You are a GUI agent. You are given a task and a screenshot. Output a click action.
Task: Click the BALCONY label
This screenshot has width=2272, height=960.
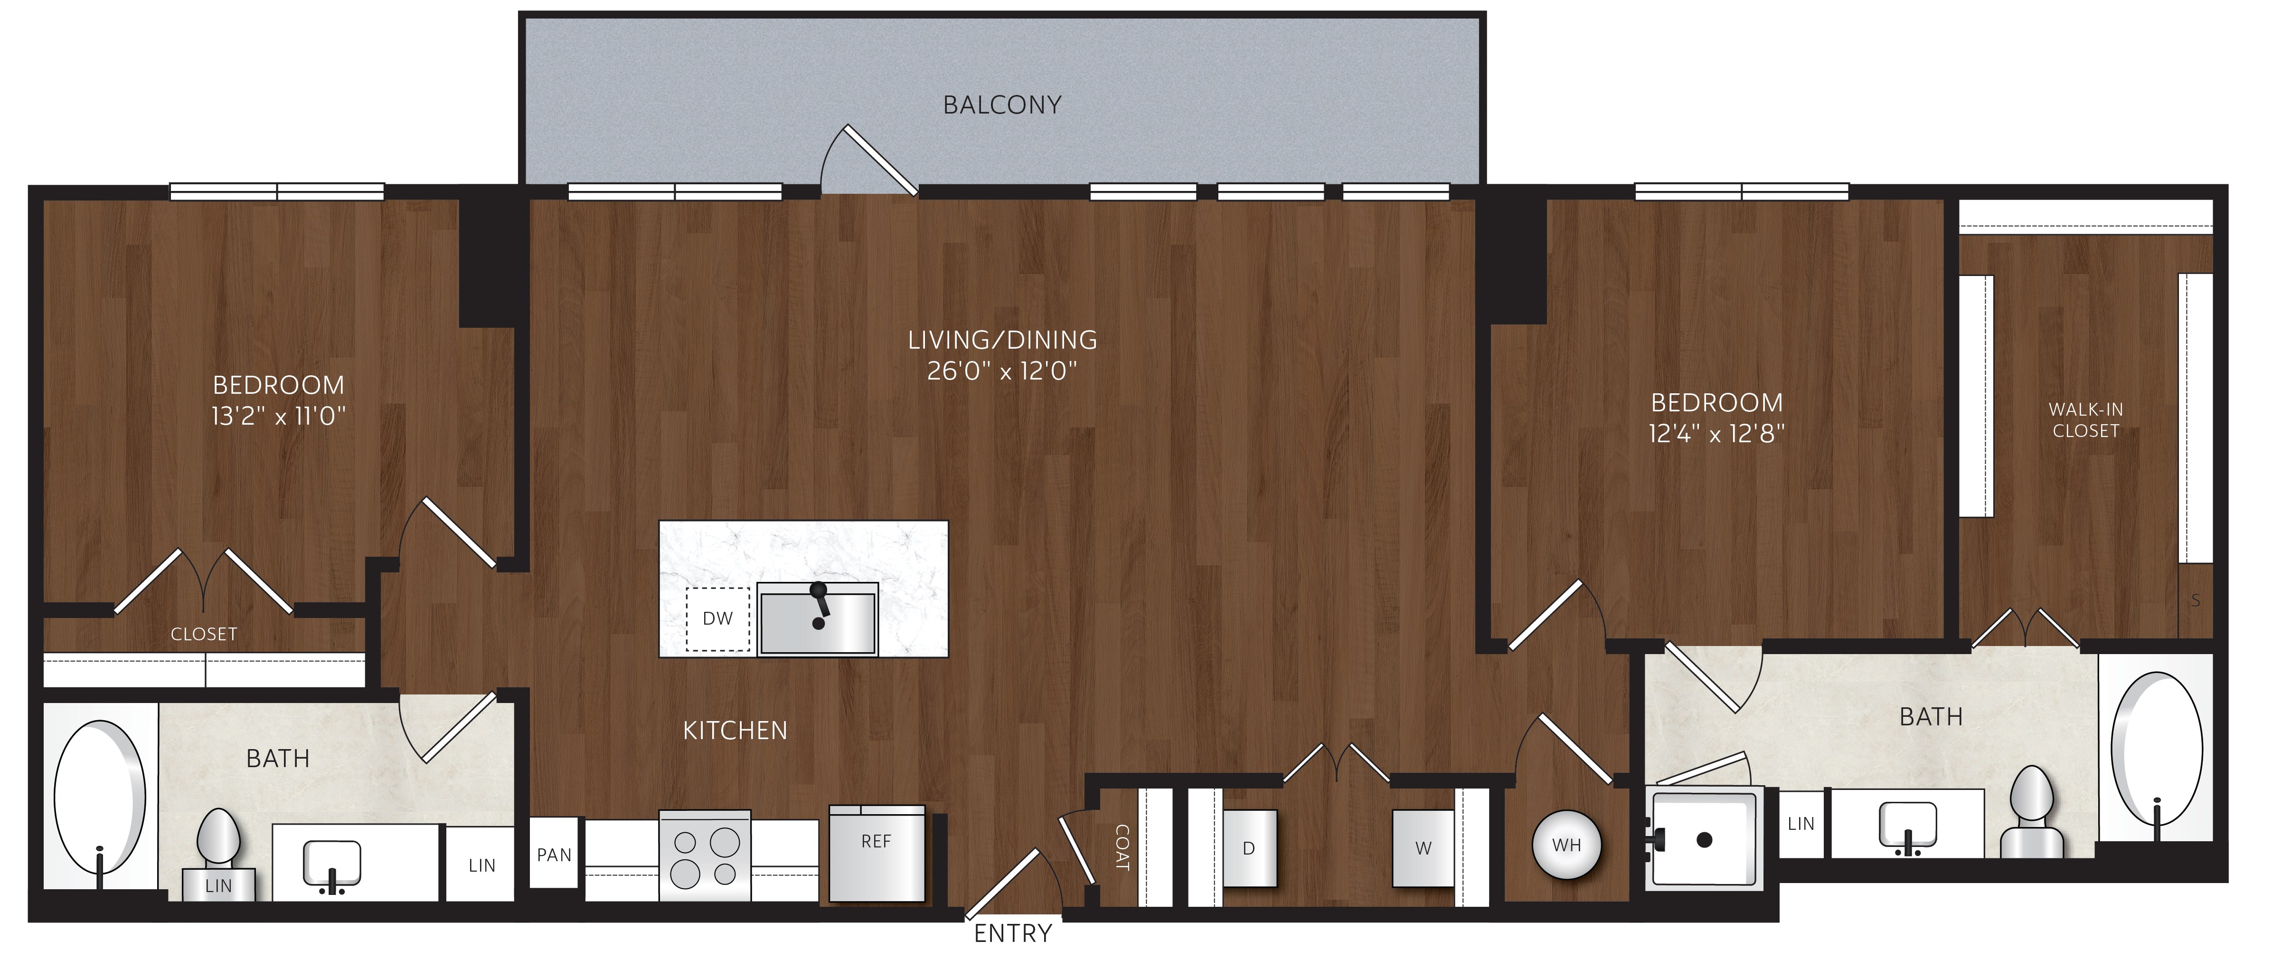[x=1002, y=105]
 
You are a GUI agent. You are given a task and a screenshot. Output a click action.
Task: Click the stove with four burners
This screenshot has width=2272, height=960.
[x=705, y=856]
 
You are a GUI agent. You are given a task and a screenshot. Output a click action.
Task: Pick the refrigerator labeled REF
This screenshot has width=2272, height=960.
[x=877, y=853]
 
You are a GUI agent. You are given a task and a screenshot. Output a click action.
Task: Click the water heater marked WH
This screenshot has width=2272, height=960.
[x=1566, y=846]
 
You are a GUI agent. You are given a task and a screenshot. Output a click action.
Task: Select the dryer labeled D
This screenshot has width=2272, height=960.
[x=1249, y=848]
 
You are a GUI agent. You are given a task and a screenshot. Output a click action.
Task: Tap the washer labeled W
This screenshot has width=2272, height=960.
[x=1423, y=848]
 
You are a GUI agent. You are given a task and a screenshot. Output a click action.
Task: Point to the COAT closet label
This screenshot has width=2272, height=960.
[x=1122, y=848]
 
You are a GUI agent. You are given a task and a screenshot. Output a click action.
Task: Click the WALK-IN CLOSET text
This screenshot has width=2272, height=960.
[x=2085, y=420]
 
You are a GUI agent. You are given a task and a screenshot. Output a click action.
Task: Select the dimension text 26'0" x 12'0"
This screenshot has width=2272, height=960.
[x=1002, y=371]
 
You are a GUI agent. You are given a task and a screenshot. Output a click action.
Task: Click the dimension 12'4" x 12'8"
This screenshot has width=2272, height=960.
[x=1716, y=433]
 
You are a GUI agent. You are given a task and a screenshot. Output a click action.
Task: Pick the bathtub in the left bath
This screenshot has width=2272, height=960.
[x=100, y=797]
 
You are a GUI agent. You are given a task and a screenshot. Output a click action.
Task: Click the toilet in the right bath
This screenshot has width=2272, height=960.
[x=2031, y=813]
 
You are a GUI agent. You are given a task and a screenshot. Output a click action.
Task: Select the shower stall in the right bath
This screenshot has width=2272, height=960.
[x=1704, y=838]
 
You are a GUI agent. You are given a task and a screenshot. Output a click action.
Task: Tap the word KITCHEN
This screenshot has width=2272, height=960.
[x=735, y=731]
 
